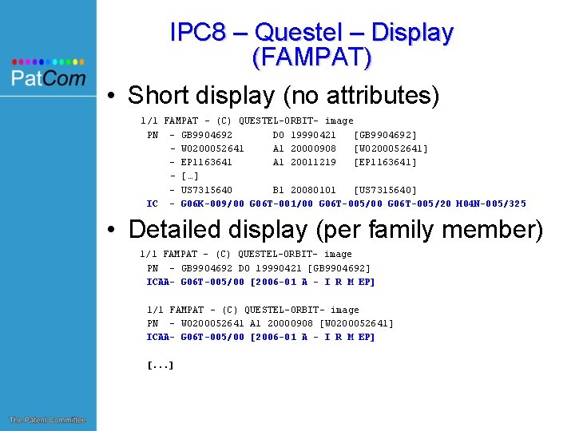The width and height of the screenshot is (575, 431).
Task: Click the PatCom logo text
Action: pos(48,78)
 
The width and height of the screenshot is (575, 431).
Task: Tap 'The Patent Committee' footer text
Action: pos(47,420)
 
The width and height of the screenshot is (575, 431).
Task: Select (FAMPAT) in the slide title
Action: pos(311,57)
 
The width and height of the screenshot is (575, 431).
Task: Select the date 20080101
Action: pos(313,190)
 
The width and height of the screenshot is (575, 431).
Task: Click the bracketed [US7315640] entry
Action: pos(385,190)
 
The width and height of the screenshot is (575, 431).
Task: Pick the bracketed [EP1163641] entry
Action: pos(385,162)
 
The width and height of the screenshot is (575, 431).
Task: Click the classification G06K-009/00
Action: pos(212,204)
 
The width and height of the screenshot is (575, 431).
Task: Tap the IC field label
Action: pos(152,204)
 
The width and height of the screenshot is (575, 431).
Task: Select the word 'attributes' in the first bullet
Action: pos(375,96)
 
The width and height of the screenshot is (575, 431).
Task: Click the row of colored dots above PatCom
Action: pos(48,61)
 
